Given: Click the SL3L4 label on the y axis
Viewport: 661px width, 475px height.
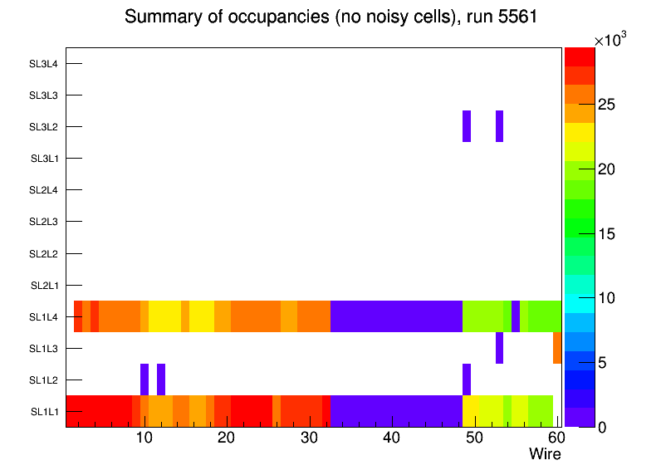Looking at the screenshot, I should (44, 63).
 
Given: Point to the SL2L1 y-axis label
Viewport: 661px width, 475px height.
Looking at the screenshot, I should (44, 285).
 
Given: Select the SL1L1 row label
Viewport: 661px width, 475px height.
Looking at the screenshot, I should (44, 411).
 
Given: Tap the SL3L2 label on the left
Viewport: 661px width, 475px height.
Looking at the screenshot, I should (44, 127).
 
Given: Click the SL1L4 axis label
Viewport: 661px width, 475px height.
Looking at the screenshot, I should (44, 316).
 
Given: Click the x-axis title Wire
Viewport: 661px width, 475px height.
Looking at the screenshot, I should (545, 454).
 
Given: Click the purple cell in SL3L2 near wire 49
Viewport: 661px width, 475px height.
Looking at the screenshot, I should (467, 126).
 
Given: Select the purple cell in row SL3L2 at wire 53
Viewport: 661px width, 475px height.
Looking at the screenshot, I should (499, 126).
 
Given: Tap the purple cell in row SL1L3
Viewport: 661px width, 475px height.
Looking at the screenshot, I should (499, 348).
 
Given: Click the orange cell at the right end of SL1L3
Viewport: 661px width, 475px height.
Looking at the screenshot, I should (557, 348).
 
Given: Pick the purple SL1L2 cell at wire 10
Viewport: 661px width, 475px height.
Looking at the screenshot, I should (144, 380).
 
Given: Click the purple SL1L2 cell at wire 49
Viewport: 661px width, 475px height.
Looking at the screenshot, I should (467, 380).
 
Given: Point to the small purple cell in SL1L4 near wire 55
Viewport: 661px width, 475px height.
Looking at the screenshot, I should (516, 316).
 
